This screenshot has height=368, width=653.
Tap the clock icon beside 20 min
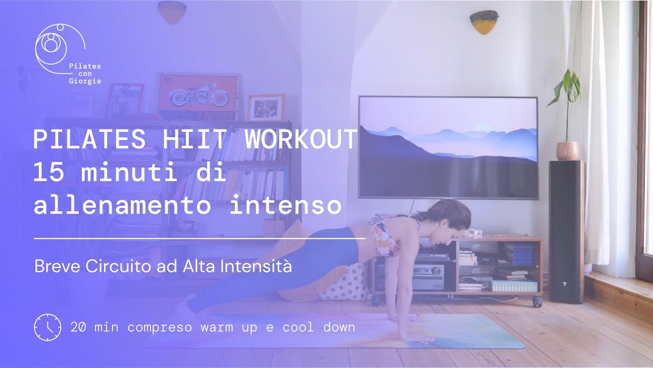point(47,327)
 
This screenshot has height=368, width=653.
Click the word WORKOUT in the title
point(300,140)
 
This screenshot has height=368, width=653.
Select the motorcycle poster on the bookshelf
point(199,97)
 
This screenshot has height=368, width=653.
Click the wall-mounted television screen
point(448,147)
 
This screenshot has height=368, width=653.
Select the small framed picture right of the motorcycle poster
point(266,108)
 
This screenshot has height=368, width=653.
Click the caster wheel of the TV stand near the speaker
point(537,302)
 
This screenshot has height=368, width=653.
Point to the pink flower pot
point(567,151)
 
